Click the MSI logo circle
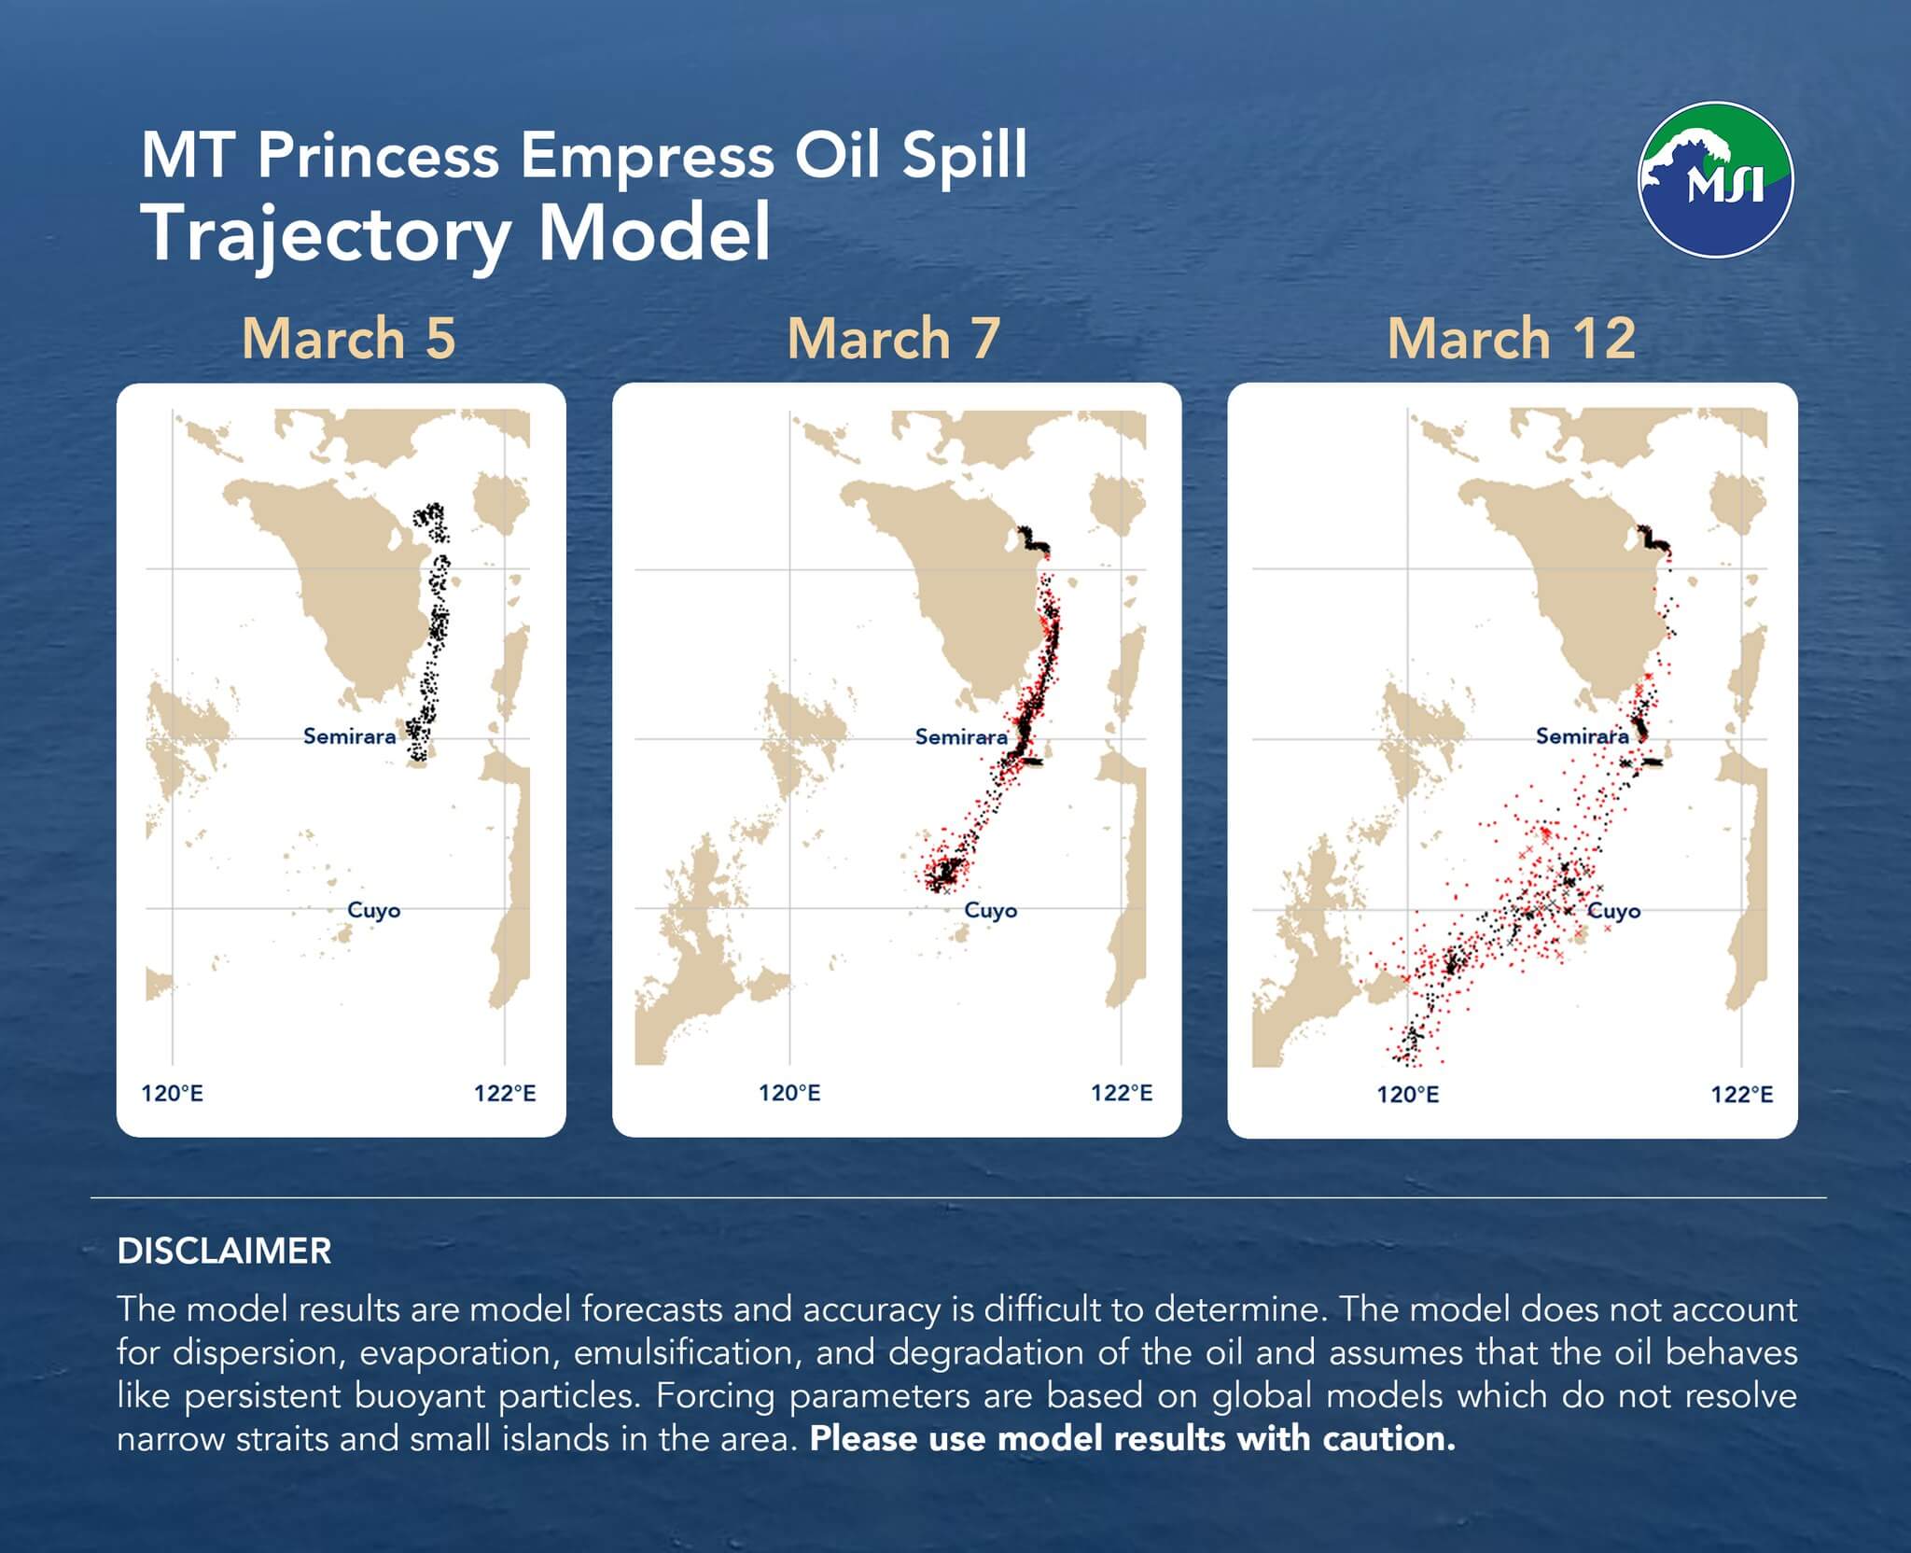pyautogui.click(x=1715, y=179)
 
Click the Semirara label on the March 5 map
pyautogui.click(x=350, y=736)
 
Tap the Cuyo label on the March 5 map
pyautogui.click(x=373, y=910)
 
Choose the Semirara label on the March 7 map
pyautogui.click(x=962, y=737)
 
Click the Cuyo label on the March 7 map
pyautogui.click(x=991, y=910)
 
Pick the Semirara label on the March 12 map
pyautogui.click(x=1583, y=736)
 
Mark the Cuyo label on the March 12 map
pyautogui.click(x=1613, y=910)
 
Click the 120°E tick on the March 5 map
pyautogui.click(x=172, y=1093)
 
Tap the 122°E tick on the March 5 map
pyautogui.click(x=505, y=1093)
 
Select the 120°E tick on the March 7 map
pyautogui.click(x=789, y=1093)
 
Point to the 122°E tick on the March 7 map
pyautogui.click(x=1122, y=1093)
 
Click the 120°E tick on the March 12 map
pyautogui.click(x=1408, y=1094)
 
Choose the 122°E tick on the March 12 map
pyautogui.click(x=1741, y=1094)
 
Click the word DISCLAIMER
pyautogui.click(x=224, y=1252)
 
